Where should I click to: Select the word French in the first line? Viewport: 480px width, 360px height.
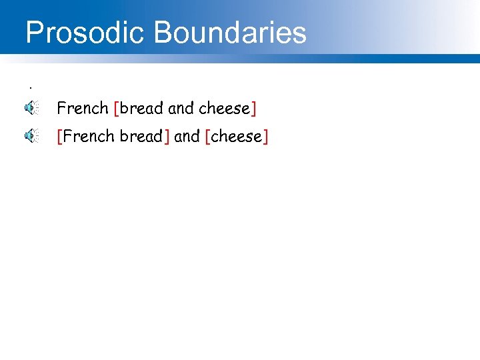83,108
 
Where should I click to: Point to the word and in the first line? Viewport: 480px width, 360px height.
181,108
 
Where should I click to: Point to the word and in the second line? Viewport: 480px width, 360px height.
187,137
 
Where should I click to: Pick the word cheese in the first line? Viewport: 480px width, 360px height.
225,108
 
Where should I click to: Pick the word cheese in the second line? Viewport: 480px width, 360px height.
237,137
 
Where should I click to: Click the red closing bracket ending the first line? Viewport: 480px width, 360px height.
254,108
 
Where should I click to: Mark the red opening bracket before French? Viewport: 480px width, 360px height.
59,137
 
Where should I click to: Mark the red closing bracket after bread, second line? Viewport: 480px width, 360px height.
167,137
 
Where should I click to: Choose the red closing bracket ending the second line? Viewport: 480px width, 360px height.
266,137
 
